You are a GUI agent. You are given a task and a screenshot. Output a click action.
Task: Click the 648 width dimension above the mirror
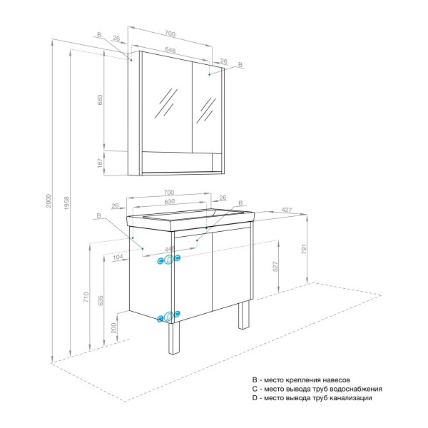coord(170,50)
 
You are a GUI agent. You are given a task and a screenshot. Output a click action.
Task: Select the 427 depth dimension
coord(285,210)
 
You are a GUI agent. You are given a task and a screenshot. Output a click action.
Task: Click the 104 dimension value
coord(117,255)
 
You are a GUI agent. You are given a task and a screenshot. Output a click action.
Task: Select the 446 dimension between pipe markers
coord(169,249)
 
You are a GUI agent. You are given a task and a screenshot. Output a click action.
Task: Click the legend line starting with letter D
coord(312,399)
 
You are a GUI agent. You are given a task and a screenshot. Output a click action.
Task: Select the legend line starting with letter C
coord(317,389)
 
